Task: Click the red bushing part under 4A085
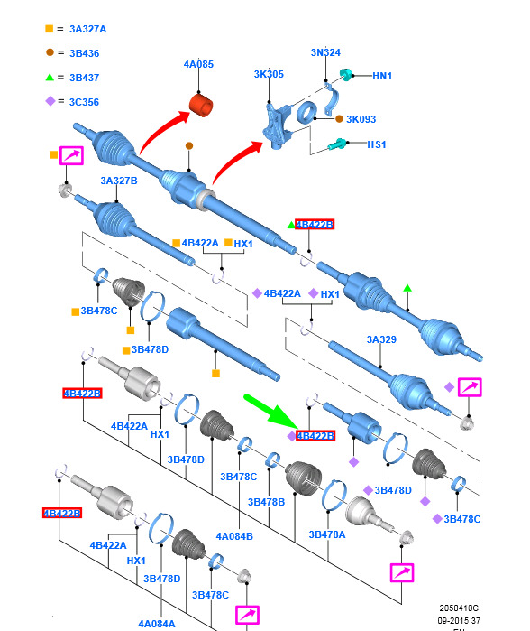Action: (x=200, y=105)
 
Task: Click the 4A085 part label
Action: (x=198, y=64)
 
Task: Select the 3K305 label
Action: (x=269, y=74)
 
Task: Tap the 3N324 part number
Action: (x=325, y=52)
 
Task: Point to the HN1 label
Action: (x=382, y=76)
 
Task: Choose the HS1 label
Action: (x=377, y=144)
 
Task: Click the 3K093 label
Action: (x=361, y=119)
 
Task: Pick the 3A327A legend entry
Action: (x=88, y=30)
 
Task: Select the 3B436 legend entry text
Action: (x=85, y=53)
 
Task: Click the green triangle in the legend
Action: (x=50, y=77)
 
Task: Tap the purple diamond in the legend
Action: (x=50, y=101)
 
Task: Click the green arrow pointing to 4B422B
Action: (x=270, y=411)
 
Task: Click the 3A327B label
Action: (x=119, y=181)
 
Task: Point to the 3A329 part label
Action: (x=381, y=340)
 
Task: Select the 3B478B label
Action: (x=267, y=502)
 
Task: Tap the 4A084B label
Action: (x=234, y=536)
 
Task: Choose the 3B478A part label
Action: (x=327, y=534)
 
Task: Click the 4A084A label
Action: (x=157, y=624)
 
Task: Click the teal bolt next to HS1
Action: (x=337, y=144)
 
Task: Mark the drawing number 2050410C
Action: (x=459, y=608)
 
